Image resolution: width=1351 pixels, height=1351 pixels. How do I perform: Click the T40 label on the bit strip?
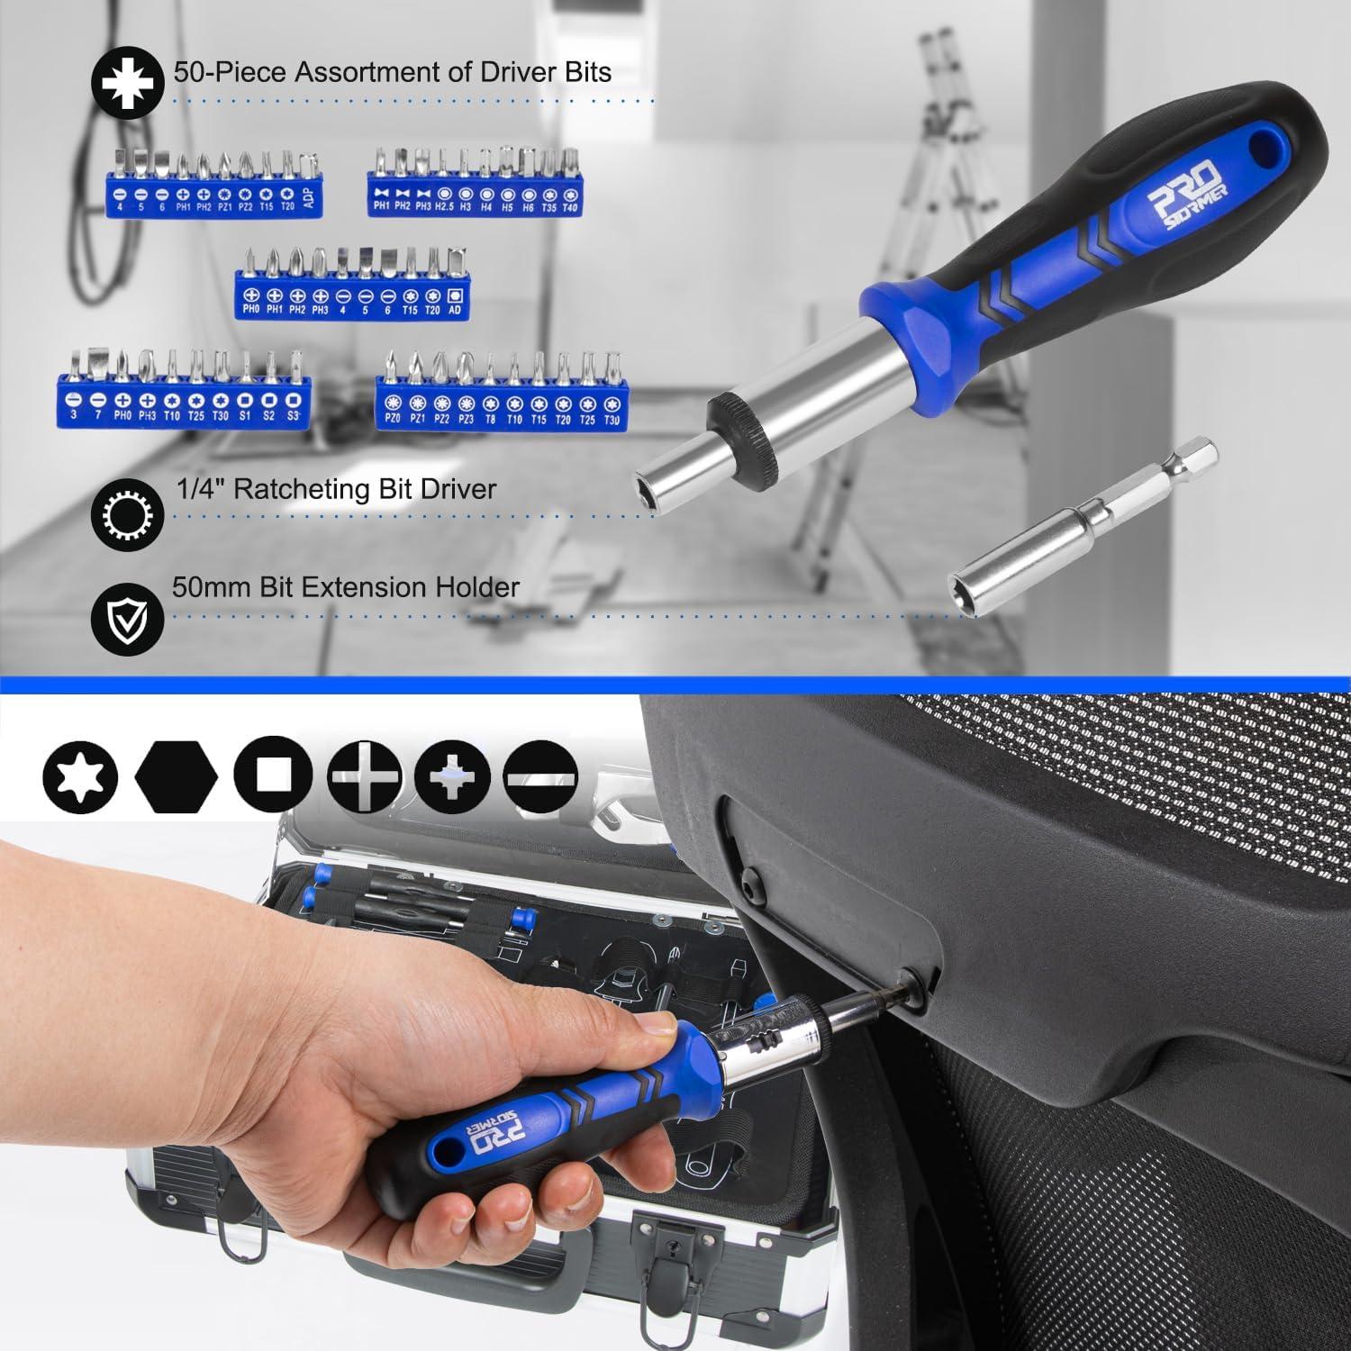569,207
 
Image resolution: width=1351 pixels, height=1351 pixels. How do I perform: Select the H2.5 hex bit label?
444,207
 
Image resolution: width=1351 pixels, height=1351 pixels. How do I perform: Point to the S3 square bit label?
293,415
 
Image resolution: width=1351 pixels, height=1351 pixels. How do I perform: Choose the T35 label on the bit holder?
549,207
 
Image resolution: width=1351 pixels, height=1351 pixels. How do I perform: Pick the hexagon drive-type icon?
177,775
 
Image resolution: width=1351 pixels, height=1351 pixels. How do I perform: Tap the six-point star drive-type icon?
81,775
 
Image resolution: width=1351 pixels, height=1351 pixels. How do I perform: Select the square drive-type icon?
272,775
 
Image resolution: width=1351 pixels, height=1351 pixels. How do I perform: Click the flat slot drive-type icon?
541,775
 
